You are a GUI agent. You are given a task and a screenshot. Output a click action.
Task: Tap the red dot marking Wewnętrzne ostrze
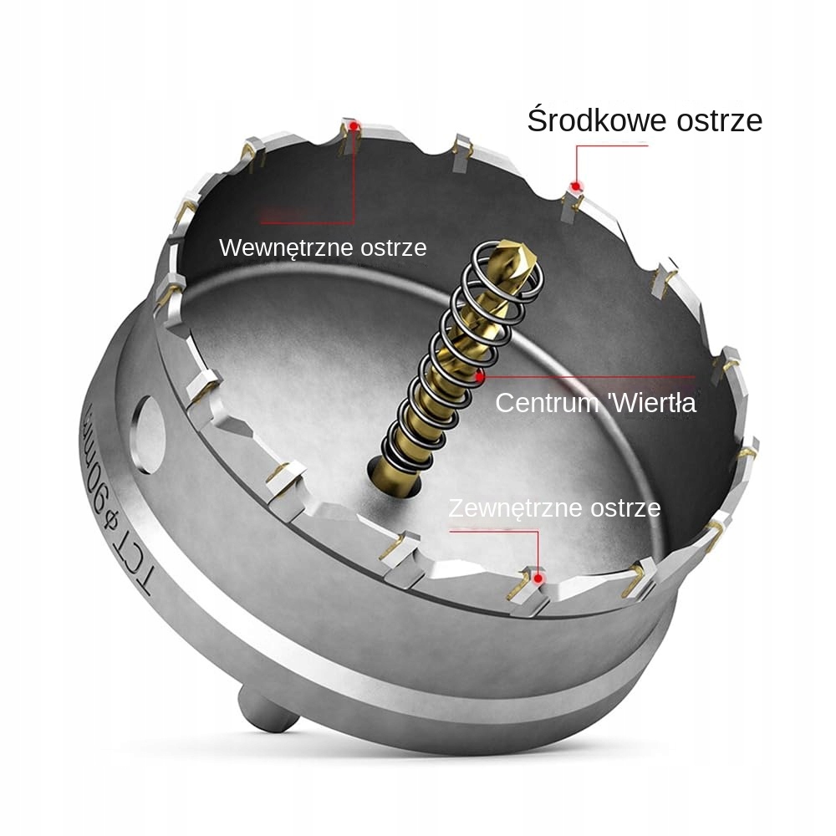click(355, 127)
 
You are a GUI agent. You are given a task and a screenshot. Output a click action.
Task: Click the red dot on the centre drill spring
click(479, 378)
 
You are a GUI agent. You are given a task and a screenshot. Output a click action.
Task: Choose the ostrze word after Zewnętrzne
click(625, 507)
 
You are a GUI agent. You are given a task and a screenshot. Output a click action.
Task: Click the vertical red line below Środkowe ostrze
click(577, 163)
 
